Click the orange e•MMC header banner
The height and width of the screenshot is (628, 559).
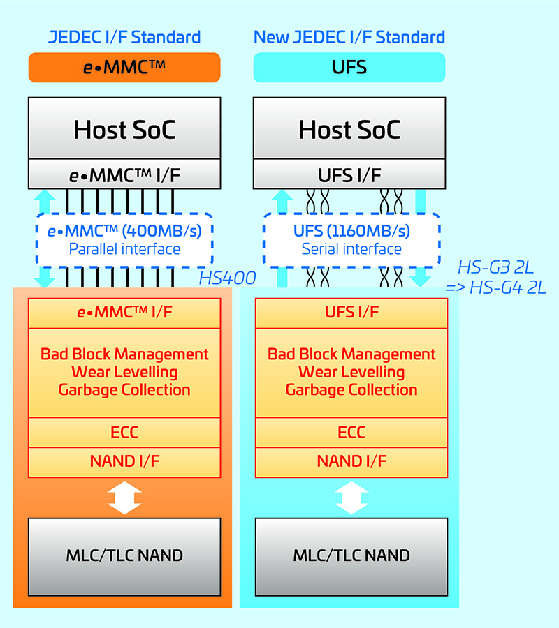click(x=124, y=68)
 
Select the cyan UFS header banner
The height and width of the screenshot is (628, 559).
click(x=349, y=68)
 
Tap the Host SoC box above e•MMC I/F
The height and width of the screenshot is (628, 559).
click(x=124, y=129)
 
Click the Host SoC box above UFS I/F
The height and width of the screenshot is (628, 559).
click(x=349, y=129)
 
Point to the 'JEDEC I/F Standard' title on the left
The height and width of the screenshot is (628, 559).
click(x=124, y=37)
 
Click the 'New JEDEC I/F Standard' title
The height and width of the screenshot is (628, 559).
click(x=349, y=37)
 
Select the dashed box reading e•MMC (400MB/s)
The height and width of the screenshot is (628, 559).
click(x=124, y=239)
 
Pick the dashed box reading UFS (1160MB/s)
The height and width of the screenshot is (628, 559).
click(x=351, y=239)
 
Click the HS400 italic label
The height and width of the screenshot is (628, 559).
click(x=226, y=278)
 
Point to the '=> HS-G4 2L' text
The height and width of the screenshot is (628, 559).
click(x=496, y=287)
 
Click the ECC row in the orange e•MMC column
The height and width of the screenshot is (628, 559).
click(x=124, y=433)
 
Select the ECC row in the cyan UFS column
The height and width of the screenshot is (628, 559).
click(x=351, y=433)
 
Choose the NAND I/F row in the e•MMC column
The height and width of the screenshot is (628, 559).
click(x=124, y=461)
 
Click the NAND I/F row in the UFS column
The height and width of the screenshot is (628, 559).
click(x=351, y=461)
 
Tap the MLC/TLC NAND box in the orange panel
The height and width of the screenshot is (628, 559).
click(x=124, y=555)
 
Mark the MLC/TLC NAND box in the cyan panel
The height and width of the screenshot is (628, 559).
click(x=351, y=555)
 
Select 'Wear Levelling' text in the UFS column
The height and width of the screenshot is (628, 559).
click(x=351, y=372)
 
